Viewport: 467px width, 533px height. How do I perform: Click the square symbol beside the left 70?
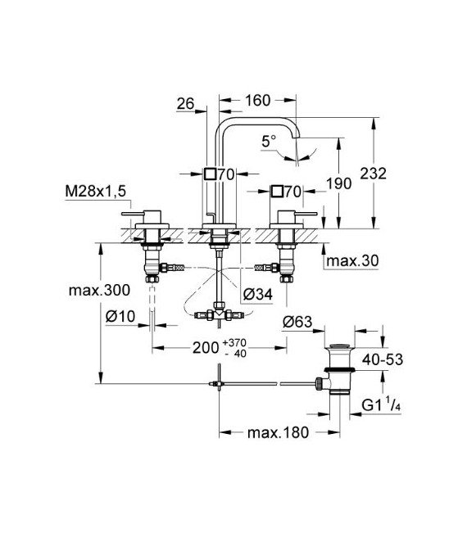(210, 174)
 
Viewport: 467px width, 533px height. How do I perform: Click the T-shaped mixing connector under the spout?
(218, 312)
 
